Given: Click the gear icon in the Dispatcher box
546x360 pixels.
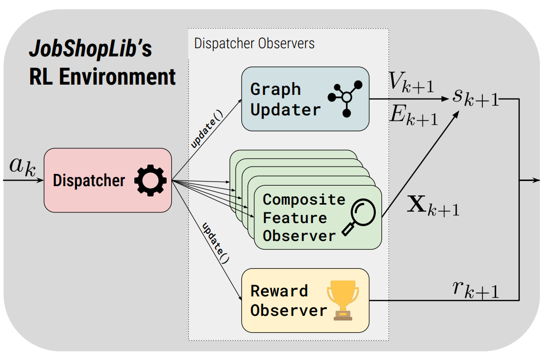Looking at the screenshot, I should point(150,181).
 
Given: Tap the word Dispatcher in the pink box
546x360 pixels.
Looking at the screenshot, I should point(89,181).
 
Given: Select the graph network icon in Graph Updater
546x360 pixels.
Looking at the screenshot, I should point(346,97).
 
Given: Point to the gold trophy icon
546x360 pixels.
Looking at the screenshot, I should point(342,300).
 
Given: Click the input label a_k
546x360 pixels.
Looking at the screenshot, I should point(23,167).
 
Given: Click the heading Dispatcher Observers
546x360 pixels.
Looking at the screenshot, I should point(254,44).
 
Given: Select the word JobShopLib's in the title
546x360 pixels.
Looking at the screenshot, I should point(90,50).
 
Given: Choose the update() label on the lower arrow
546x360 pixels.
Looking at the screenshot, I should point(216,242).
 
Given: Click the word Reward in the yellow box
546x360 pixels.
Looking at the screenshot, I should point(279,291).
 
